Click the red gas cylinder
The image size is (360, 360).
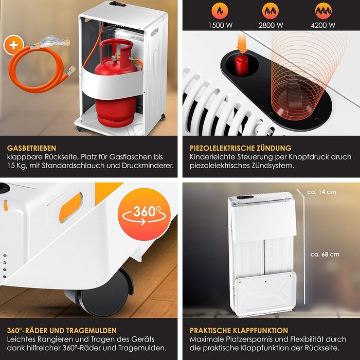pyautogui.click(x=116, y=83)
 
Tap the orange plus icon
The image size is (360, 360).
pyautogui.click(x=13, y=45)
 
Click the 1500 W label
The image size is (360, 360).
pyautogui.click(x=221, y=25)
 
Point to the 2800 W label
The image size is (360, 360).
pyautogui.click(x=271, y=25)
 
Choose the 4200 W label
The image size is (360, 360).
pyautogui.click(x=323, y=25)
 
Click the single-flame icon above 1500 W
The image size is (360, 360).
pyautogui.click(x=220, y=11)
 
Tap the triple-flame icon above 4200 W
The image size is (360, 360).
pyautogui.click(x=323, y=11)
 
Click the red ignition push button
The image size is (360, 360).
pyautogui.click(x=241, y=65)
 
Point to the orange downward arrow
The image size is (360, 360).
pyautogui.click(x=242, y=44)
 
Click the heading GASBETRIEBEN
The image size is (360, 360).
pyautogui.click(x=31, y=148)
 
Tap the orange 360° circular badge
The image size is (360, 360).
pyautogui.click(x=144, y=214)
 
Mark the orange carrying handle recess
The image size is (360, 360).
pyautogui.click(x=71, y=208)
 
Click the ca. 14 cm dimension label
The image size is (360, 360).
pyautogui.click(x=321, y=192)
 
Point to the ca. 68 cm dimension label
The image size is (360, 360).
pyautogui.click(x=325, y=255)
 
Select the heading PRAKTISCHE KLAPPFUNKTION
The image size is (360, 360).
pyautogui.click(x=239, y=330)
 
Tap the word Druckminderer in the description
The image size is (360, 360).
pyautogui.click(x=148, y=166)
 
